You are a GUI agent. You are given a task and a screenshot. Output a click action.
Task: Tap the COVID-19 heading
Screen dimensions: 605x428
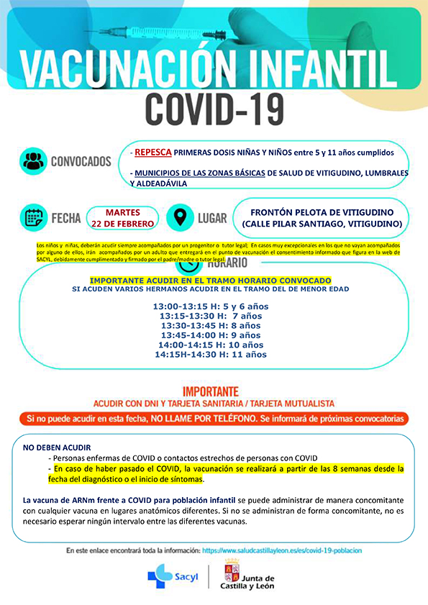pos(213,109)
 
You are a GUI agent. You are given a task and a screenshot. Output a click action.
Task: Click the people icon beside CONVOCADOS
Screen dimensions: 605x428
pos(34,161)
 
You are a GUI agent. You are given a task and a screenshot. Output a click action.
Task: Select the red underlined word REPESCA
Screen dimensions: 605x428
pos(152,153)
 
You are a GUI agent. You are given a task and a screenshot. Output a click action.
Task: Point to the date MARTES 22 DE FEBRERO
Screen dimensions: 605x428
pos(122,217)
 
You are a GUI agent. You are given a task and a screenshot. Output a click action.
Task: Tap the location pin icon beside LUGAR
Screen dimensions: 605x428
pos(180,217)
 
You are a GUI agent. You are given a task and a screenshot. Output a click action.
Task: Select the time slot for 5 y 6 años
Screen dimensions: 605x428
pos(210,306)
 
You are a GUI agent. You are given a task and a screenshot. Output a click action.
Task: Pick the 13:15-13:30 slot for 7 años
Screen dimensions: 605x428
pos(210,315)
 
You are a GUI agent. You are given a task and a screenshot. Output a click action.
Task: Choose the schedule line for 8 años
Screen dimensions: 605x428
pos(210,325)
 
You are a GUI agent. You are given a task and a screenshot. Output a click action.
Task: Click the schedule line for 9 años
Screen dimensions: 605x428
pos(210,335)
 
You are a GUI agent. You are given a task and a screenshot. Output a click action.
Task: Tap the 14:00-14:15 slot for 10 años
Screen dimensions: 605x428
pos(210,345)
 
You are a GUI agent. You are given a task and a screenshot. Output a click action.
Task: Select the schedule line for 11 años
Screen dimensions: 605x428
pos(210,354)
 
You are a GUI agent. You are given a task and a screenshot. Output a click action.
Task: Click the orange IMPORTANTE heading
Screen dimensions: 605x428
pos(210,391)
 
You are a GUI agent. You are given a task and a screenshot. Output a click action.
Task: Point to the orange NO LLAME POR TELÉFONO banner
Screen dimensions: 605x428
pos(214,417)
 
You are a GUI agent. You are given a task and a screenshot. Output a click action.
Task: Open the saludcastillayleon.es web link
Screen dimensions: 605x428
pos(281,550)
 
